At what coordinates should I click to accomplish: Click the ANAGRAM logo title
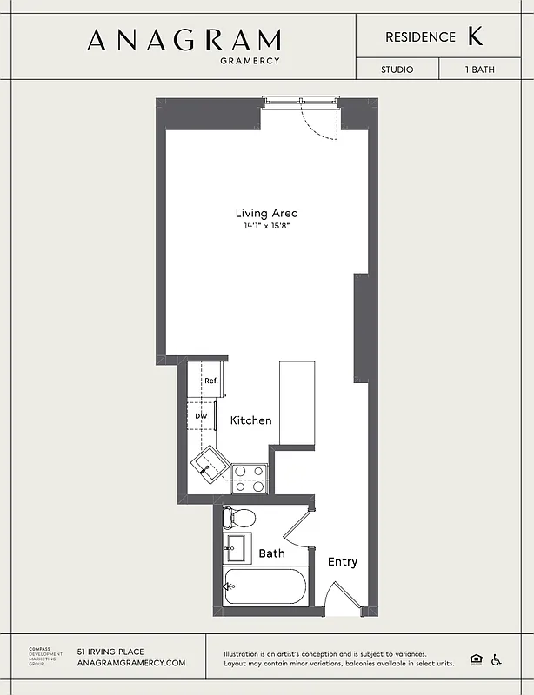point(184,40)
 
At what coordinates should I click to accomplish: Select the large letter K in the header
point(475,36)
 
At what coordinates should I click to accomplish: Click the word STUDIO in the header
point(397,69)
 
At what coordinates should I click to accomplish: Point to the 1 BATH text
point(478,69)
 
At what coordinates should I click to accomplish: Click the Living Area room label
point(266,213)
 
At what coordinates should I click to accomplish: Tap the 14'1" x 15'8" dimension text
point(266,227)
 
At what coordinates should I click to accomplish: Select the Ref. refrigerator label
point(210,381)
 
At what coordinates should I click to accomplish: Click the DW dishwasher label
point(201,416)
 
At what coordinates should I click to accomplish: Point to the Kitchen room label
point(250,420)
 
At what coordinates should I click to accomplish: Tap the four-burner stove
point(248,473)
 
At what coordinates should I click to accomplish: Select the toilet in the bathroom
point(238,519)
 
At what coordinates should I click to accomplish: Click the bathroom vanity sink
point(235,548)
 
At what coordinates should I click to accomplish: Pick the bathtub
point(265,588)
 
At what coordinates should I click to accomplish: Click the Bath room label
point(271,553)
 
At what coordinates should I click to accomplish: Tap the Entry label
point(342,562)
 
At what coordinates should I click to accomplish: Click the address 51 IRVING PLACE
point(110,652)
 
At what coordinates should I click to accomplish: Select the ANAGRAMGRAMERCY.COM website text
point(131,663)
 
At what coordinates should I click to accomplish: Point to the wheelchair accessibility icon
point(497,659)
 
